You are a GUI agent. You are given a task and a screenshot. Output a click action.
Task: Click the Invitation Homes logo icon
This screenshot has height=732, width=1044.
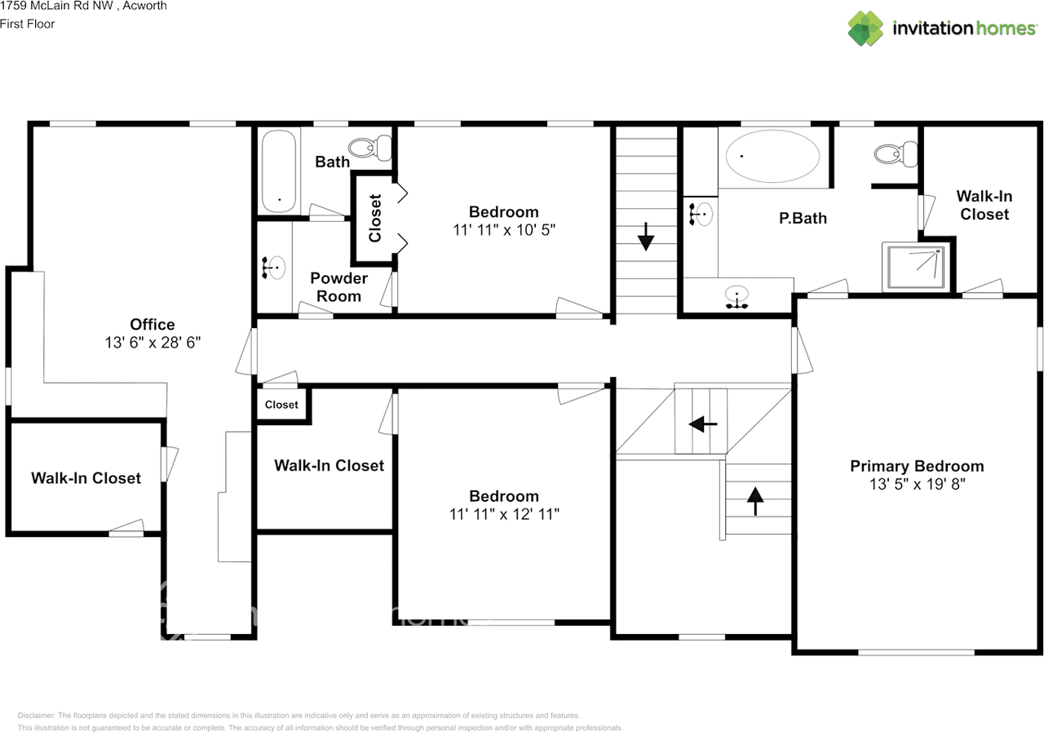click(x=865, y=29)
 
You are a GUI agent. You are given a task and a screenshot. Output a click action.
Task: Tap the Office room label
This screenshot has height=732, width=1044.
click(x=153, y=325)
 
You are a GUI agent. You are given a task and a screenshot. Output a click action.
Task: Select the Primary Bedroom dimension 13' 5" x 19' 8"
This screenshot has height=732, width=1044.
click(x=917, y=484)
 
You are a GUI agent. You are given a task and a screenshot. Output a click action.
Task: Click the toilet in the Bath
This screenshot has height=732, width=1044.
click(x=371, y=148)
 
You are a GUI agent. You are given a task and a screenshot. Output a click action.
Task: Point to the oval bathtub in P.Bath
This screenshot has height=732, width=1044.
click(x=772, y=156)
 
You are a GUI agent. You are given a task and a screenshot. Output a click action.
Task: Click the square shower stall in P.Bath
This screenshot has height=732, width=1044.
click(x=917, y=266)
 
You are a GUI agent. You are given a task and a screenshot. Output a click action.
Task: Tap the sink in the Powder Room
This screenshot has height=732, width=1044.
click(x=275, y=268)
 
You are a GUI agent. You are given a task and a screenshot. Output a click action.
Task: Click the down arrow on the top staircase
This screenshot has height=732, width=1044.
click(x=646, y=239)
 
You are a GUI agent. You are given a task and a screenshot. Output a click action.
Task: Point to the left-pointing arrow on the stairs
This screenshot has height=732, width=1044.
click(x=701, y=424)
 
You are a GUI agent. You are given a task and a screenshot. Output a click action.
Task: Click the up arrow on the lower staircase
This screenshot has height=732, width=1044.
click(x=755, y=500)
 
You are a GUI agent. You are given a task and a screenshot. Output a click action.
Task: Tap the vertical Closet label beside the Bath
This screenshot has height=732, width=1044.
click(x=374, y=218)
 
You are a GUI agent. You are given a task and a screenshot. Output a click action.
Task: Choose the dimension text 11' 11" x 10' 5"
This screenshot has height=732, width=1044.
click(x=503, y=230)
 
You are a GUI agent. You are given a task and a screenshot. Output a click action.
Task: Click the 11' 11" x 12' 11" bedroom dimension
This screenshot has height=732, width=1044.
click(x=503, y=514)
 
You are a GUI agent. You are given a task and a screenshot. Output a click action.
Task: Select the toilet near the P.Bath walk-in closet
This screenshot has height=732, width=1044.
click(x=896, y=153)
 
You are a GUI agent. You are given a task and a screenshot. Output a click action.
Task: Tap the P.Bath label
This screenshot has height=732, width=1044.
click(x=803, y=218)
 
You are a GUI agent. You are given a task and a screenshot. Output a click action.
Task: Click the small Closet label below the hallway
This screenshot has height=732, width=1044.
click(x=281, y=405)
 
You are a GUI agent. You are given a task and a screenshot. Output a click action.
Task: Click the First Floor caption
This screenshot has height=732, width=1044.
click(x=28, y=24)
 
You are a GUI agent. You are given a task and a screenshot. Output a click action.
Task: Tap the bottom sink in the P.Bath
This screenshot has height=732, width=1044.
click(x=737, y=297)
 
